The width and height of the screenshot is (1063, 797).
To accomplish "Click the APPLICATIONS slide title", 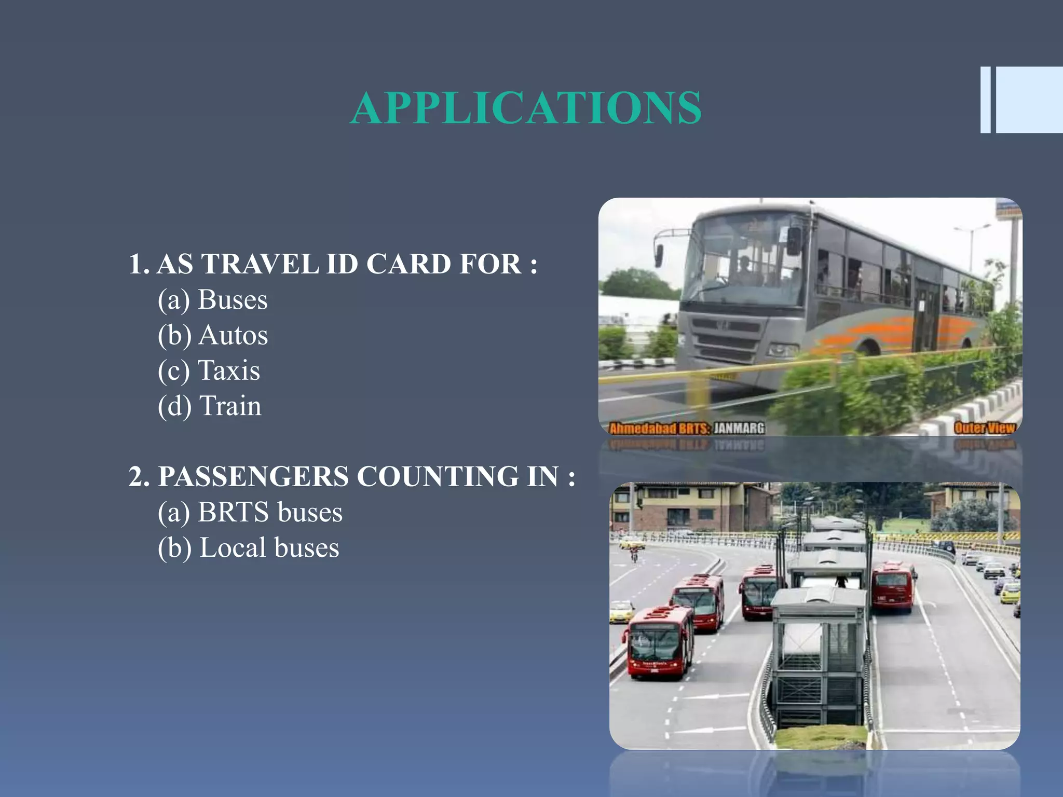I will pyautogui.click(x=526, y=108).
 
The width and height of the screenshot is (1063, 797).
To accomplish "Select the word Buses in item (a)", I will pyautogui.click(x=233, y=300).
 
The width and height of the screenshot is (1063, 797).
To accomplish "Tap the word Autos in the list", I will pyautogui.click(x=234, y=335).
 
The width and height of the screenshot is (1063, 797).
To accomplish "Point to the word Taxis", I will pyautogui.click(x=229, y=370).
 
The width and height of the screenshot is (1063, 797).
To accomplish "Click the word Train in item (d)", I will pyautogui.click(x=230, y=406).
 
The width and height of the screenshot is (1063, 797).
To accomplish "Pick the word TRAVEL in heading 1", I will pyautogui.click(x=260, y=264).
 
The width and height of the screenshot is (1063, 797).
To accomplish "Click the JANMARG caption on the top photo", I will pyautogui.click(x=739, y=428).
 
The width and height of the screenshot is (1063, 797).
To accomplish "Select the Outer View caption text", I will pyautogui.click(x=984, y=428).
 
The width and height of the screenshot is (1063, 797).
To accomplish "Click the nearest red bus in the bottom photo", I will pyautogui.click(x=658, y=643).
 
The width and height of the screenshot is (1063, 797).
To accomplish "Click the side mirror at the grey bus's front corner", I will pyautogui.click(x=794, y=241).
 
